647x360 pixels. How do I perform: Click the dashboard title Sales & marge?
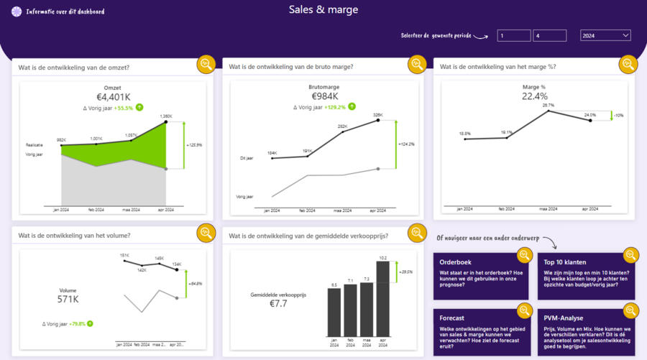click(x=323, y=10)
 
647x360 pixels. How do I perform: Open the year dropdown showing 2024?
click(x=605, y=35)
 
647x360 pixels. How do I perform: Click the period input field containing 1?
click(x=513, y=35)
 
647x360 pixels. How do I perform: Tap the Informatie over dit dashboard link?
click(x=65, y=11)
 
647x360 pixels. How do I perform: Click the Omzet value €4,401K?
click(x=114, y=96)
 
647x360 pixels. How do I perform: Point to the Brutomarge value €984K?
click(x=324, y=96)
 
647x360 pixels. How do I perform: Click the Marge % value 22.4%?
click(x=534, y=96)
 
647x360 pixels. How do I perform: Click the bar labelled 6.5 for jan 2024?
click(x=334, y=313)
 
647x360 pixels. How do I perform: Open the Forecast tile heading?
click(x=452, y=318)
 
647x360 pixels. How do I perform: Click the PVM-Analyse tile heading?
click(x=564, y=318)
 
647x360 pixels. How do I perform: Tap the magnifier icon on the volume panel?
click(x=206, y=233)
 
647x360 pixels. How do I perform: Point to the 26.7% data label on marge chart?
click(x=549, y=105)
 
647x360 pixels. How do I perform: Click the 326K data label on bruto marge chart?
click(x=378, y=115)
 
